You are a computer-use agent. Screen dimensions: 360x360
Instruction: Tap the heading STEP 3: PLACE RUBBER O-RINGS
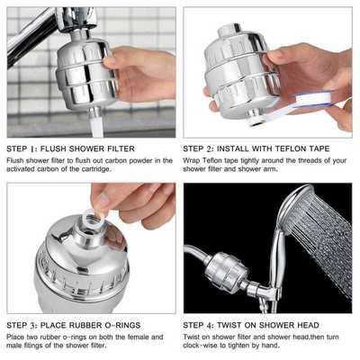point(68,324)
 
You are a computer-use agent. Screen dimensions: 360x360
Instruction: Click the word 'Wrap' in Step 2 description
point(193,160)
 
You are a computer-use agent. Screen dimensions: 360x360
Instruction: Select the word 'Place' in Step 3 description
point(16,337)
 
